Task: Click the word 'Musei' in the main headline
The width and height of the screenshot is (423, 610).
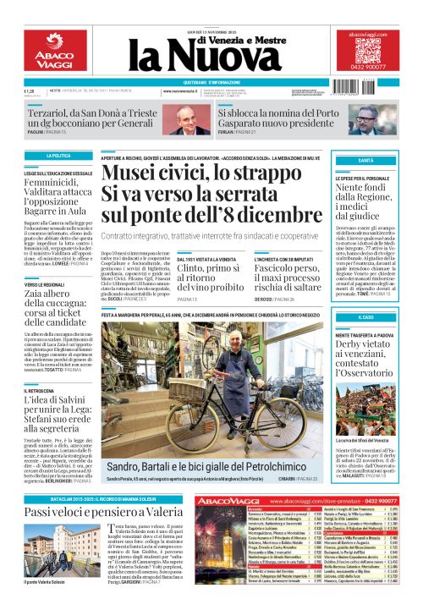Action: click(x=137, y=175)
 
